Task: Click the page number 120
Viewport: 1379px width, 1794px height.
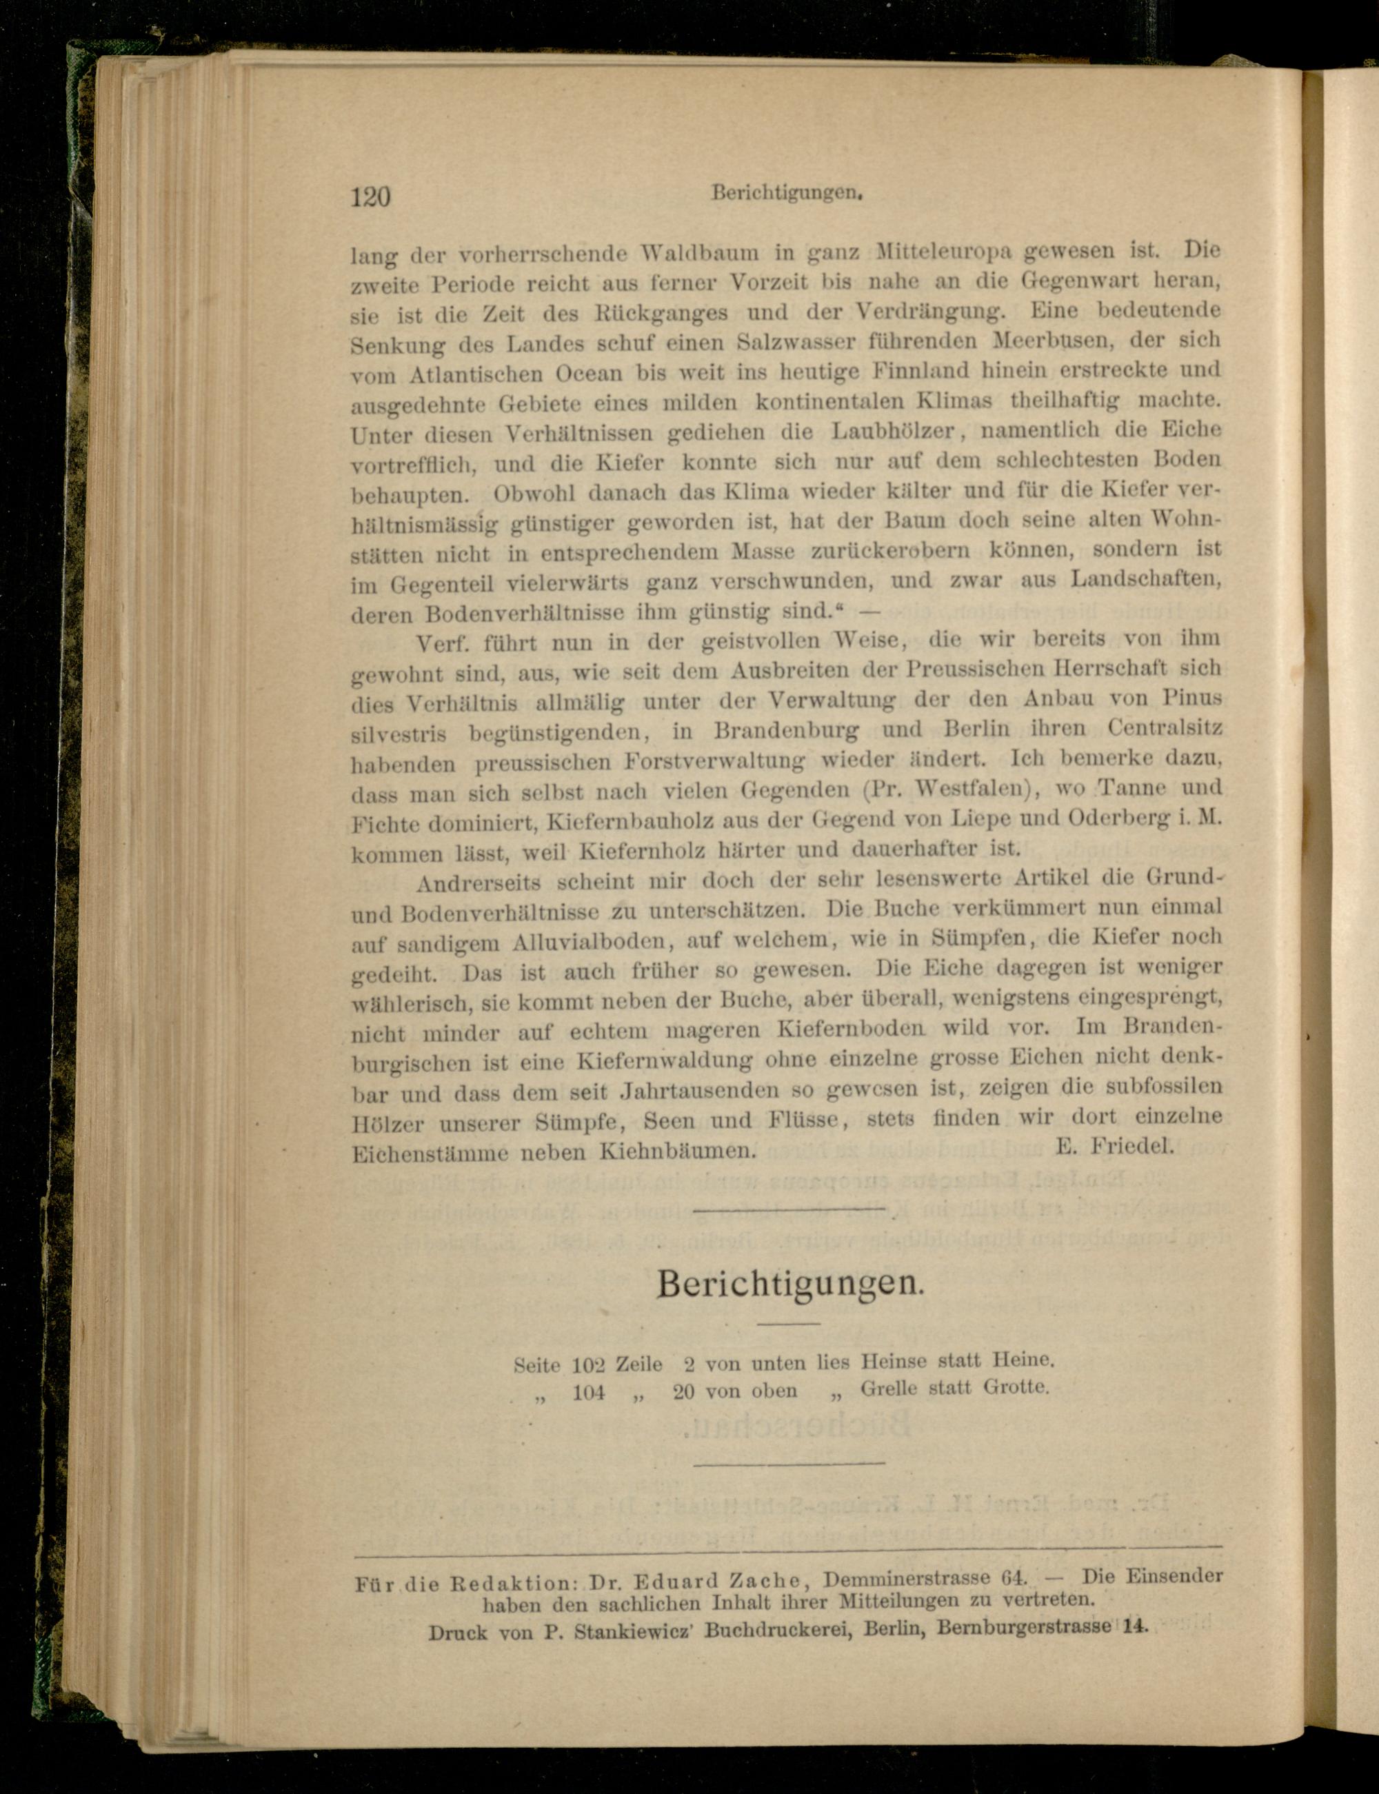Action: tap(370, 197)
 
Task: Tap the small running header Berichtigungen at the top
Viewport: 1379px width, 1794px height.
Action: tap(789, 194)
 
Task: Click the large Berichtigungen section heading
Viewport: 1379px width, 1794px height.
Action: tap(790, 1284)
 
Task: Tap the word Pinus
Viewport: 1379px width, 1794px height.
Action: tap(1192, 697)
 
